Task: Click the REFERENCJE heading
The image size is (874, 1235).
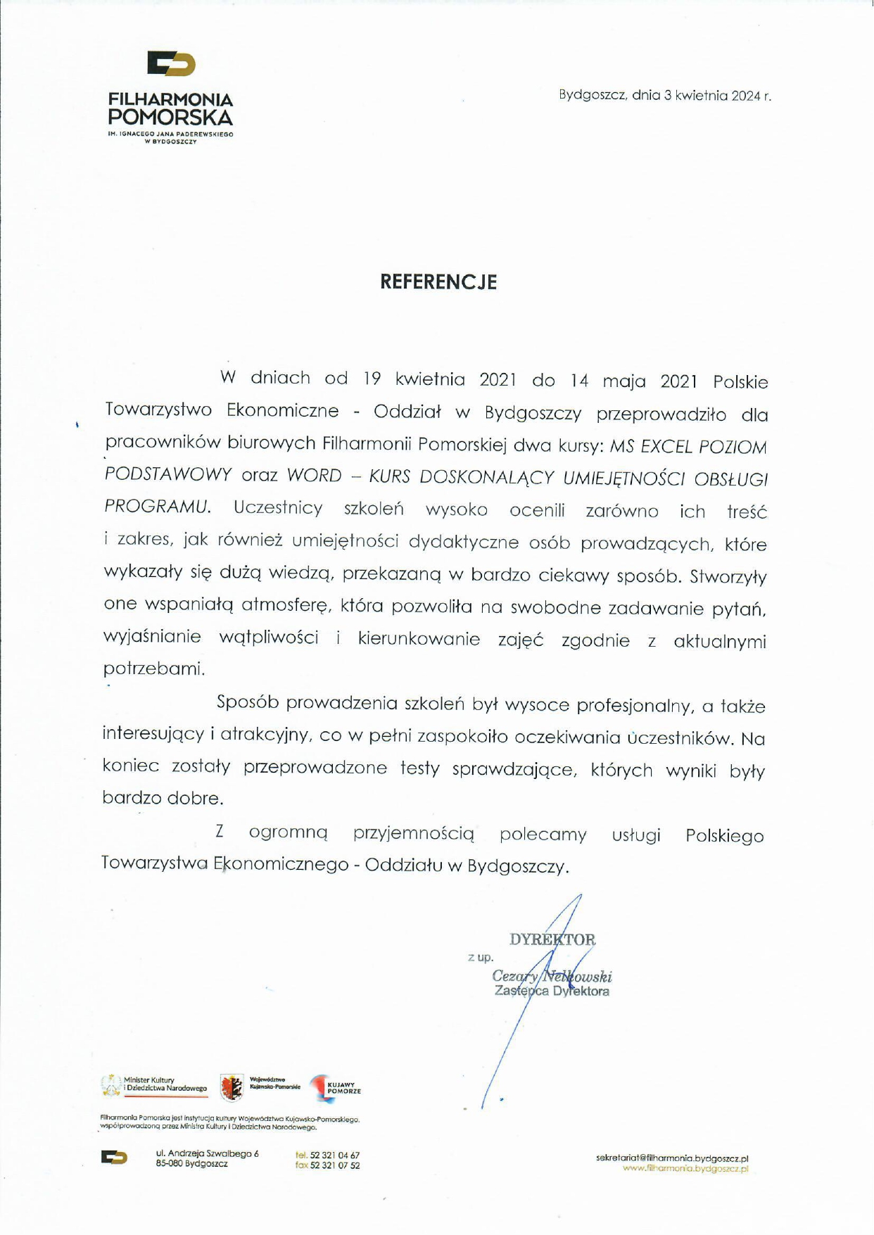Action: (438, 282)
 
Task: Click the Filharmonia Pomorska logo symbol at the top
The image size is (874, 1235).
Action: (171, 64)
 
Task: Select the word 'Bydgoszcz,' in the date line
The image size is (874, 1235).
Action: (593, 95)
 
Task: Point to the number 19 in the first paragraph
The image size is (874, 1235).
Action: (372, 379)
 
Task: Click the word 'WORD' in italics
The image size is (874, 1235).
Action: (314, 476)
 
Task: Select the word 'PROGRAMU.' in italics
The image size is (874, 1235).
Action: (157, 506)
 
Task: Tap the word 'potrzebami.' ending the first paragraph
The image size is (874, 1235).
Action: (154, 669)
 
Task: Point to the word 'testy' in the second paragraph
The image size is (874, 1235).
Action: (419, 768)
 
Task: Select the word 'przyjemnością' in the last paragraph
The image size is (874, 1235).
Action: (414, 834)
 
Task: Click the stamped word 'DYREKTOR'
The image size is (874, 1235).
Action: (552, 939)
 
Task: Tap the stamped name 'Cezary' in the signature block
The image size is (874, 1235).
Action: (515, 976)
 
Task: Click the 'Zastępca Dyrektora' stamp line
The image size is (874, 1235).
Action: (552, 992)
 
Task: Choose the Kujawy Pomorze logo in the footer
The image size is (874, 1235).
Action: (336, 1088)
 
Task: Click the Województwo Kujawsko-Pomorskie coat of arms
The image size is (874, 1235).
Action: (232, 1088)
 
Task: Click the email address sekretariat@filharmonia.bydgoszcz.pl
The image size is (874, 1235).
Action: (672, 1158)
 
